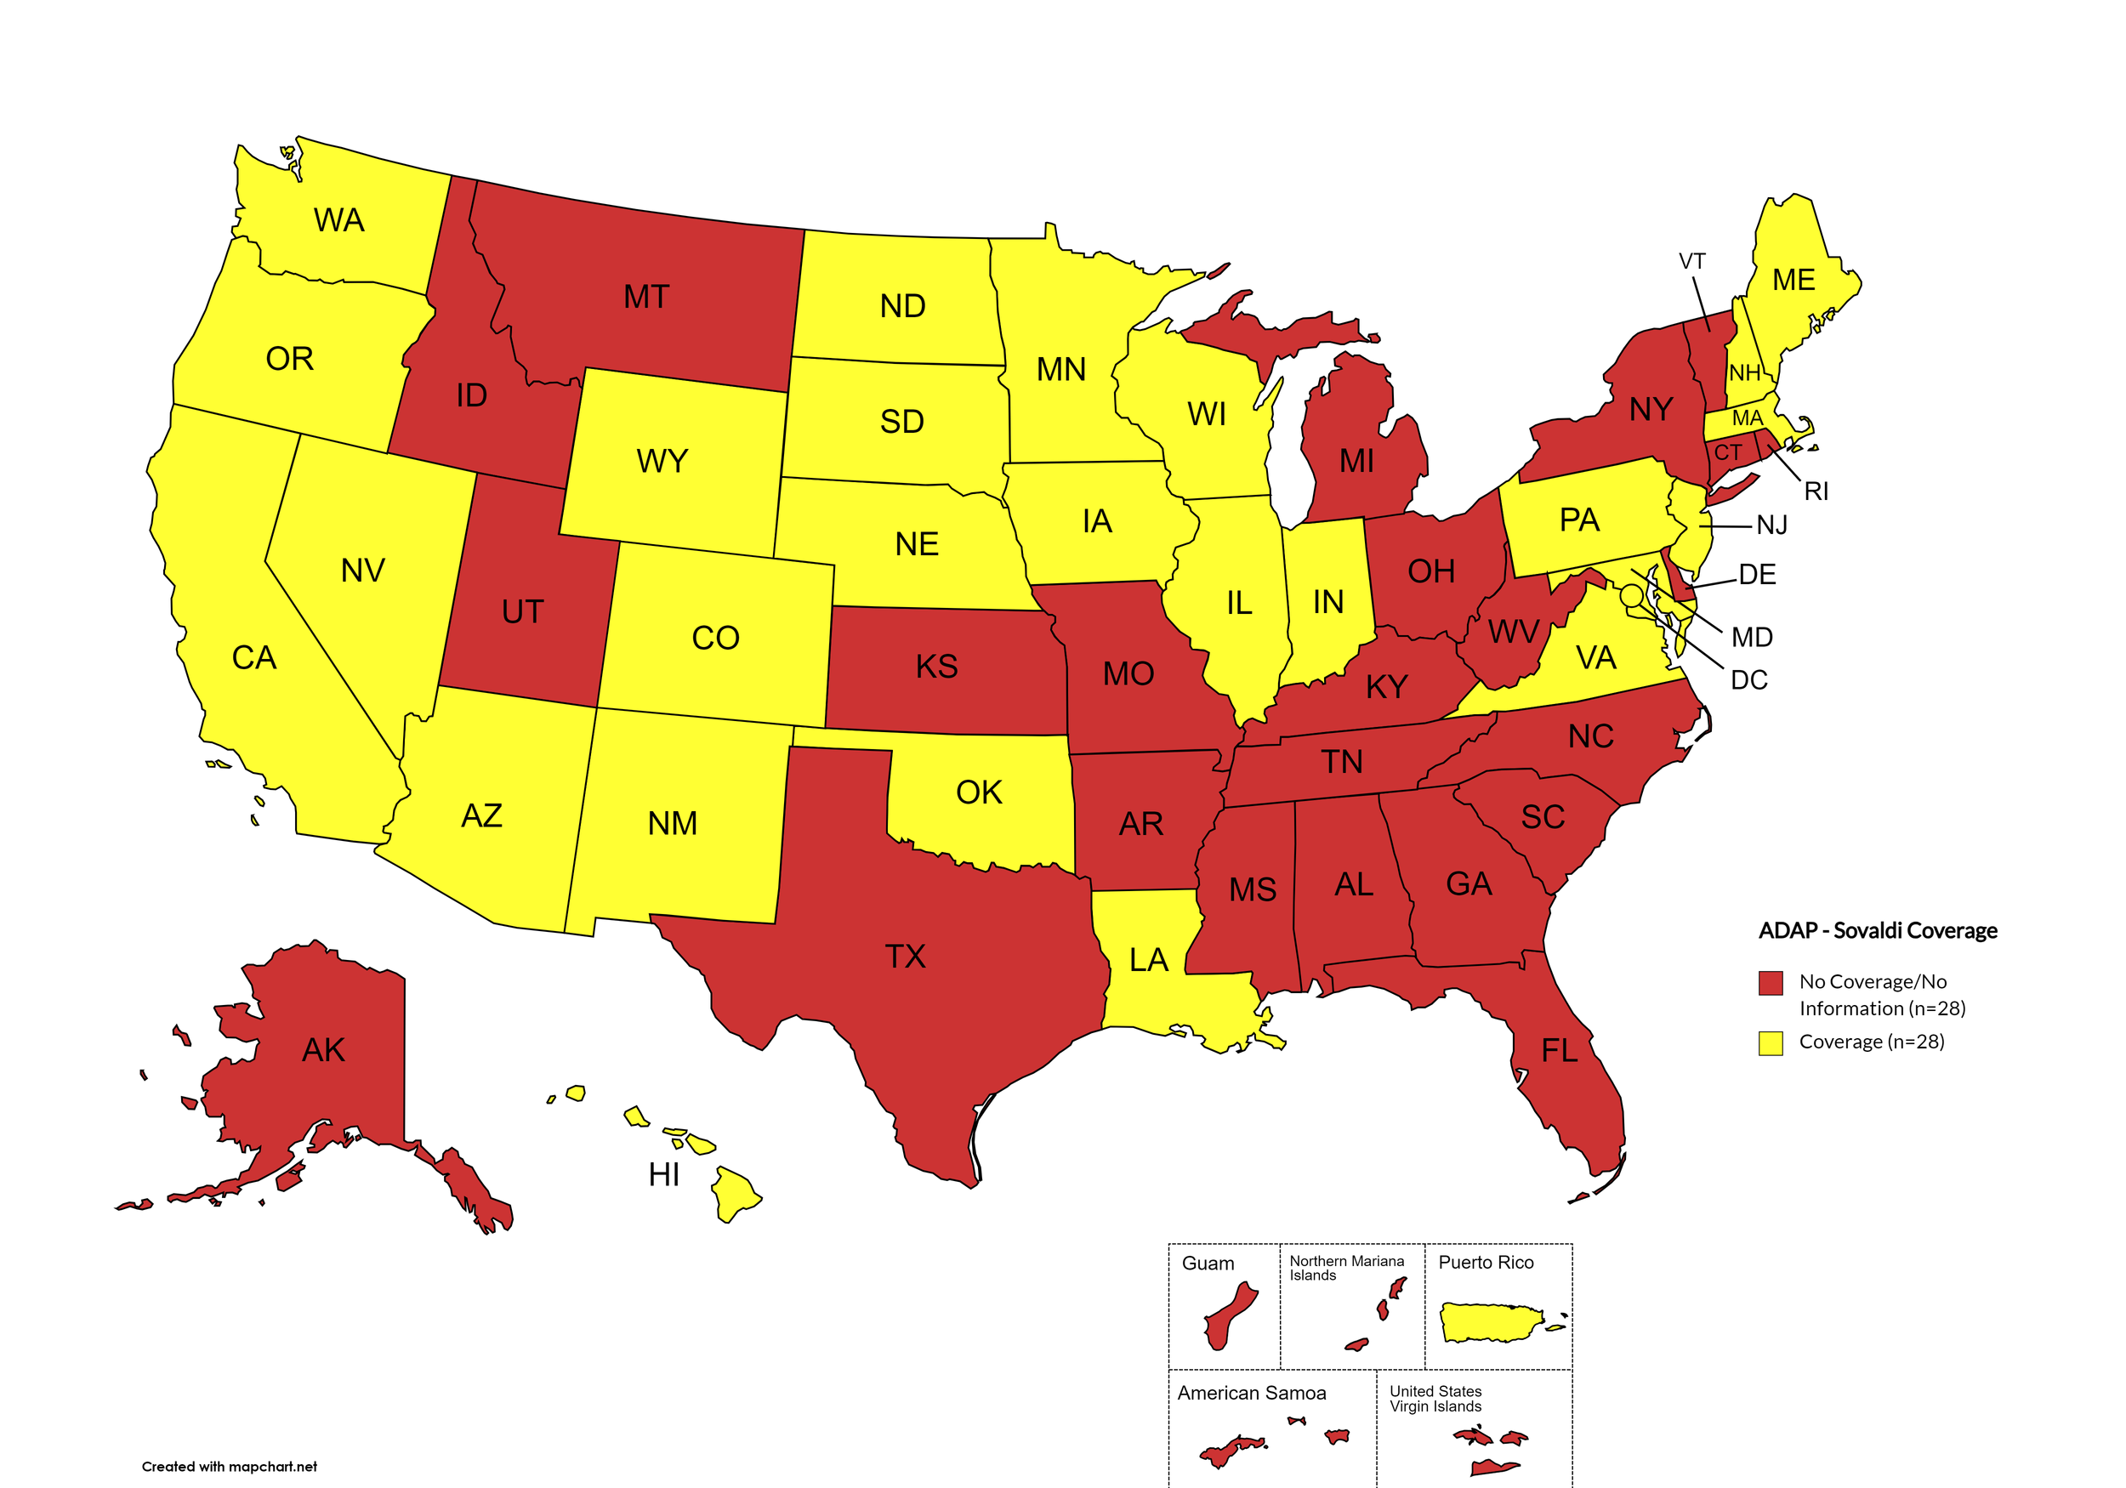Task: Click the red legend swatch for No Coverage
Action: coord(1771,982)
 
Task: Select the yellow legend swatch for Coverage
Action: coord(1771,1042)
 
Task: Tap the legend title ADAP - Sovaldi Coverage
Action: coord(1877,930)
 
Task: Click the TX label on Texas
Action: coord(905,957)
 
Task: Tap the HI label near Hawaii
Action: coord(664,1175)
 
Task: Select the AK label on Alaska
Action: coord(323,1050)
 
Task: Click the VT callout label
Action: coord(1691,262)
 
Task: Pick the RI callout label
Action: coord(1816,491)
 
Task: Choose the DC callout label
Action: coord(1748,680)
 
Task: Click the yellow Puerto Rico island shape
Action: coord(1489,1321)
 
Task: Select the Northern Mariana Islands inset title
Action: coord(1346,1268)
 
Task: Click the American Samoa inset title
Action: coord(1251,1393)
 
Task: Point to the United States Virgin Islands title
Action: coord(1435,1398)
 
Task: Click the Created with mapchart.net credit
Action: coord(229,1467)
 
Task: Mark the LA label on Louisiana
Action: coord(1148,960)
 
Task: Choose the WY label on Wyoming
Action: coord(662,461)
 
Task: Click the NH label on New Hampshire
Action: coord(1744,373)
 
